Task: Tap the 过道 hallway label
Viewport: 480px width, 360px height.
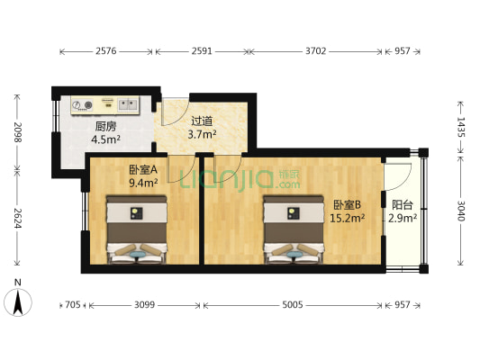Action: click(x=202, y=121)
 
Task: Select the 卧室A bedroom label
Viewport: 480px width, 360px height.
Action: click(x=142, y=168)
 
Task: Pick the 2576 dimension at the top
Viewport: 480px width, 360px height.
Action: click(x=107, y=51)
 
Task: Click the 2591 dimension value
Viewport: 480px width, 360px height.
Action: click(x=201, y=51)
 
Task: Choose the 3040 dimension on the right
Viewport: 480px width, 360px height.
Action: click(x=460, y=211)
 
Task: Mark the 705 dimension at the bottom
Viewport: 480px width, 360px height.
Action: click(x=71, y=304)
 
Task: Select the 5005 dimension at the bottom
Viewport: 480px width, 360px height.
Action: click(x=294, y=304)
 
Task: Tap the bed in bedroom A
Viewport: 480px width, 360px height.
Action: click(x=137, y=230)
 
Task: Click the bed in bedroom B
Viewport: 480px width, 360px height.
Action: click(x=293, y=230)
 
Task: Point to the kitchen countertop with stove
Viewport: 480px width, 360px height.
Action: click(x=104, y=105)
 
